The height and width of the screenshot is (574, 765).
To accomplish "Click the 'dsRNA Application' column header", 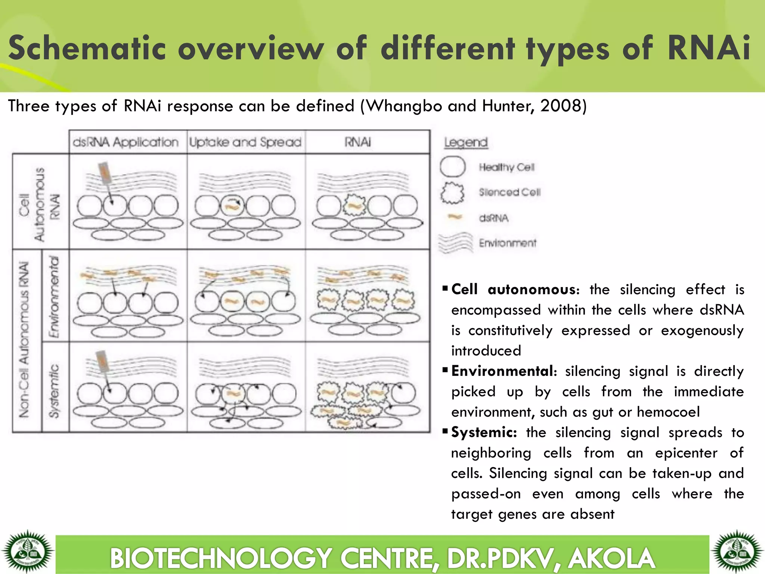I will [x=126, y=142].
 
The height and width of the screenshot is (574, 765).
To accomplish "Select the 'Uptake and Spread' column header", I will [x=245, y=142].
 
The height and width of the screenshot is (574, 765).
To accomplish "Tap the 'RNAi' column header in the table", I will [x=358, y=142].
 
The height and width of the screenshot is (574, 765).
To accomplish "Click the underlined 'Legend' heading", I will [x=466, y=142].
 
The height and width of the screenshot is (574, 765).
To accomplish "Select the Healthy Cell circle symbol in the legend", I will [x=452, y=167].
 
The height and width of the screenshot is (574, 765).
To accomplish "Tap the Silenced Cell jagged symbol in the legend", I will [x=452, y=192].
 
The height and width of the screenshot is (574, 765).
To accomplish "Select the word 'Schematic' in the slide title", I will [x=87, y=49].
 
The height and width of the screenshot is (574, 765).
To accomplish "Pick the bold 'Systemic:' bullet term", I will [x=484, y=432].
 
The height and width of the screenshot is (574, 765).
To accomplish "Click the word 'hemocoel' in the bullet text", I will [x=668, y=412].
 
